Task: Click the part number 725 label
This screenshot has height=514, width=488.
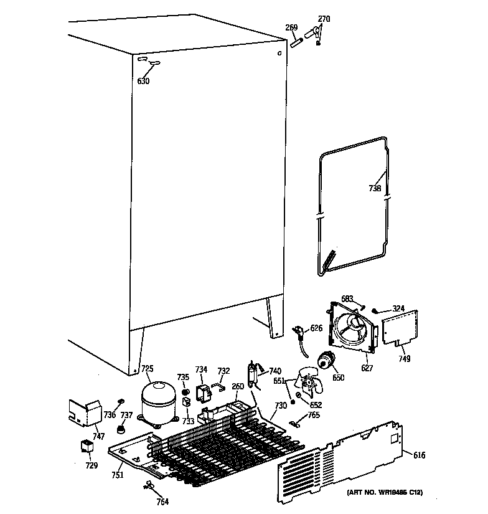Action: point(147,369)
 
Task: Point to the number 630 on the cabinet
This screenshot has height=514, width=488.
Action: point(143,81)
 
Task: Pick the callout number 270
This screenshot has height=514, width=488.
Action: point(324,19)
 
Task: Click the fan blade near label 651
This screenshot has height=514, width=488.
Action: point(309,381)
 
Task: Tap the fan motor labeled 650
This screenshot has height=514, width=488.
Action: point(326,361)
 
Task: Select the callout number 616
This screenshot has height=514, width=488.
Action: point(420,455)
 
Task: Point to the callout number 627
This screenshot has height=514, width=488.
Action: point(367,368)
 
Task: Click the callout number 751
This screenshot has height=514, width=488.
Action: point(118,475)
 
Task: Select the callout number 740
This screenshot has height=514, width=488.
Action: point(274,371)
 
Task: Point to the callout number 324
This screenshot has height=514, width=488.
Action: point(398,308)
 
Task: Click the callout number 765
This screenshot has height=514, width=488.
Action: point(314,415)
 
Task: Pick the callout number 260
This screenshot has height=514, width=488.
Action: point(238,386)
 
